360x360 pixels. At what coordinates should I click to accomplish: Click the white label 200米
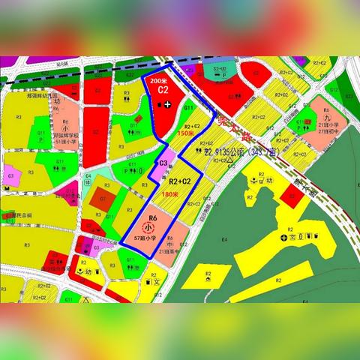(x=158, y=79)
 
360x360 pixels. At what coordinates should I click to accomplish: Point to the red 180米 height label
(x=170, y=194)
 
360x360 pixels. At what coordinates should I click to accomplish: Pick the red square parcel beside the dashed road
(x=288, y=195)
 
